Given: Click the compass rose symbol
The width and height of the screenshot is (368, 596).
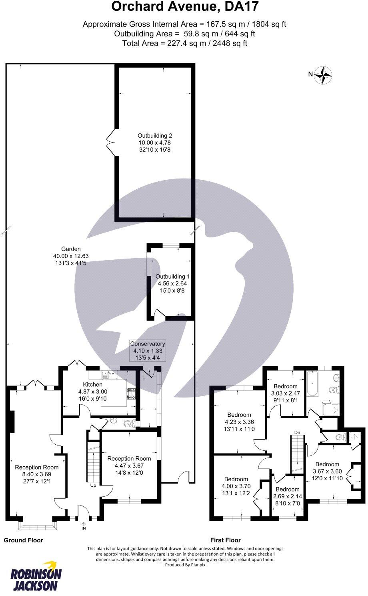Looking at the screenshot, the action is pos(323,75).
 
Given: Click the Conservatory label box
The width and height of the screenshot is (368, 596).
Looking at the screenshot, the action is pos(148,351).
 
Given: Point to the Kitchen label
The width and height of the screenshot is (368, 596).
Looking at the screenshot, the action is pos(92,385).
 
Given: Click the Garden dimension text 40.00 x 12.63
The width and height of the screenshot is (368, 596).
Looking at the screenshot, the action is pos(71,256).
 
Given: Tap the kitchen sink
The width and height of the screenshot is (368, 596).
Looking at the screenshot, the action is pos(110,375).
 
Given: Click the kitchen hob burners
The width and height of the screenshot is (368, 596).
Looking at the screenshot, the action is pos(132,394).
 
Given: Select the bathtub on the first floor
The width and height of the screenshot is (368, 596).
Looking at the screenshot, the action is pos(312,384).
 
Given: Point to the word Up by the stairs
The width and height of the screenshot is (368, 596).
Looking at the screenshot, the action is pos(93,485).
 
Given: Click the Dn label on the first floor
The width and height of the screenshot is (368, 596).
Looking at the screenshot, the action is pos(297,432).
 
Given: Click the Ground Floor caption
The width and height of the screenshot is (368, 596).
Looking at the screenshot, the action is pos(23,540).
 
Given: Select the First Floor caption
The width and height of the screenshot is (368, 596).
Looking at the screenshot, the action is pos(226,540).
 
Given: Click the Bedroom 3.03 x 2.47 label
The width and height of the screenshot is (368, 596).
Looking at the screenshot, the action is pos(286,393).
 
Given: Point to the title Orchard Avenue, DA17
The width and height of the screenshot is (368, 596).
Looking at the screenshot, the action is pos(185,6).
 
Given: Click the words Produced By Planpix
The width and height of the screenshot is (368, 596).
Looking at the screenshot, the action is pos(185,565).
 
